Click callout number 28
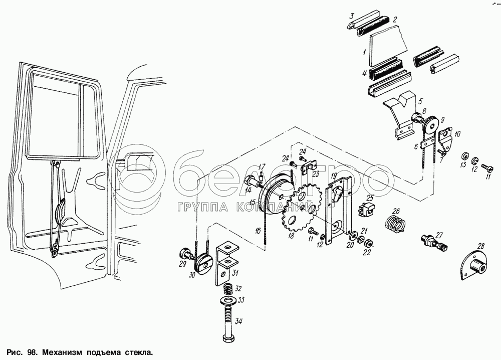pos(481,246)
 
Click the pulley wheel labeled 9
pos(430,125)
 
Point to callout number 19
pos(333,177)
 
